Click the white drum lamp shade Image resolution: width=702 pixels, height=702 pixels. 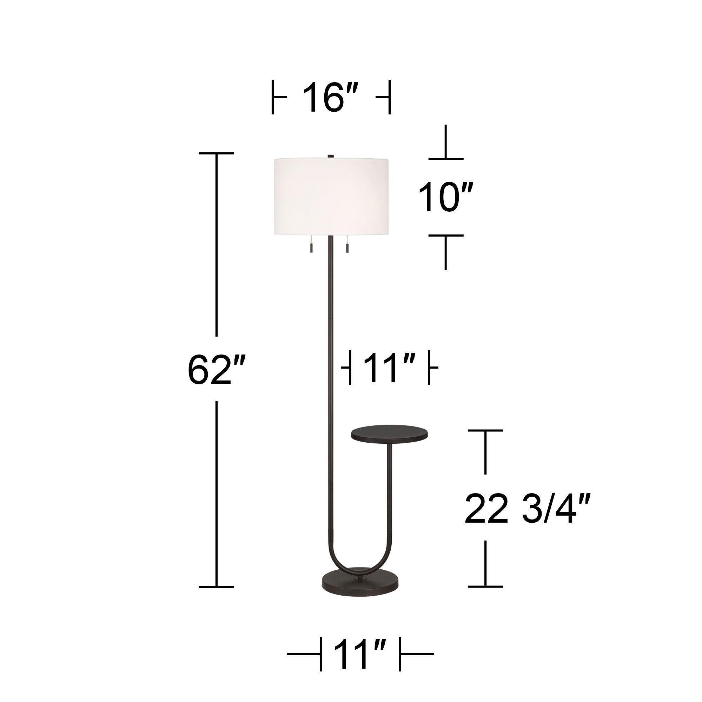click(x=331, y=196)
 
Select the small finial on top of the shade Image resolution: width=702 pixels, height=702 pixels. click(x=331, y=156)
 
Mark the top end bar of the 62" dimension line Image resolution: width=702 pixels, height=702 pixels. click(x=217, y=153)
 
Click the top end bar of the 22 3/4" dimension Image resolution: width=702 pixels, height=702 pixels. click(x=485, y=430)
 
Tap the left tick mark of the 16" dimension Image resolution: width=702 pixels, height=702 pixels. click(x=273, y=97)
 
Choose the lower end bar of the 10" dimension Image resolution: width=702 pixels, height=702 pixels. click(x=446, y=235)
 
